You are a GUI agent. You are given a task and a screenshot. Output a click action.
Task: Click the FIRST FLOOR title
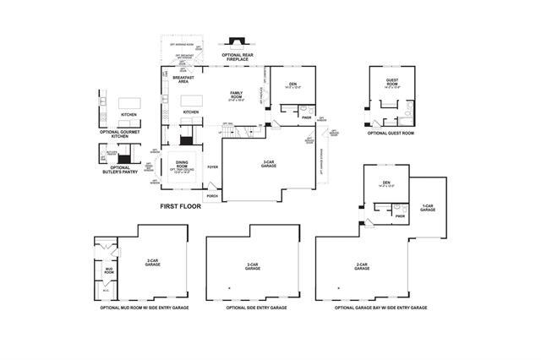180,205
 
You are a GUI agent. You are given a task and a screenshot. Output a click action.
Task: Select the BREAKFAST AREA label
184,80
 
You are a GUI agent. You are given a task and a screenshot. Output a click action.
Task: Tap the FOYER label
212,167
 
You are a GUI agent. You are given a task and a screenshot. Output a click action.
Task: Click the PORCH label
211,196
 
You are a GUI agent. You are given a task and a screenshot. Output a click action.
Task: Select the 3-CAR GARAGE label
270,166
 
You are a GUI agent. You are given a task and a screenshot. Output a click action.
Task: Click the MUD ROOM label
108,271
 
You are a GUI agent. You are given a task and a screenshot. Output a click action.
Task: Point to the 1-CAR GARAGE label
428,207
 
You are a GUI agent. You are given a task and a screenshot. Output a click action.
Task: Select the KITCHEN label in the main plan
191,112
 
